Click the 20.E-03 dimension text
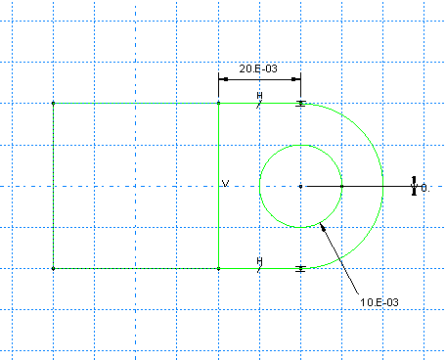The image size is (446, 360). [258, 68]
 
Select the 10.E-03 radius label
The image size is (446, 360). [379, 302]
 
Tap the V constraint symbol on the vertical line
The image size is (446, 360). [225, 184]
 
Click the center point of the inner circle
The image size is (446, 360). [300, 186]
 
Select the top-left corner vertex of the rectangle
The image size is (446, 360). [54, 104]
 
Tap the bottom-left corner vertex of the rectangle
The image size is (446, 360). [54, 268]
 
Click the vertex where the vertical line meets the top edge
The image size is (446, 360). [218, 104]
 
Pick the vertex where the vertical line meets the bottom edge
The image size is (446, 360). [218, 268]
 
